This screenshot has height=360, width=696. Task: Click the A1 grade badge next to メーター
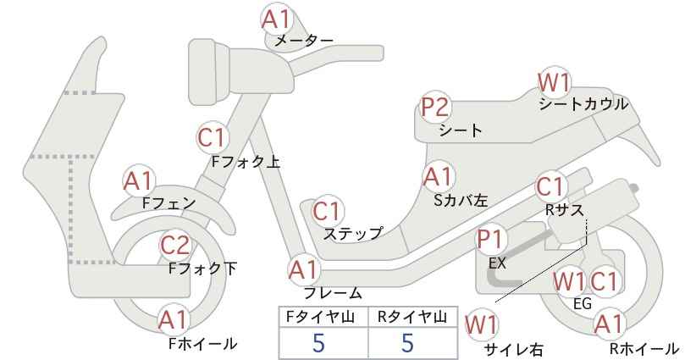[276, 19]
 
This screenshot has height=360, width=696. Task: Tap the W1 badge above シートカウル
[554, 82]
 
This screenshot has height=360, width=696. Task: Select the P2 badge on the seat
[436, 108]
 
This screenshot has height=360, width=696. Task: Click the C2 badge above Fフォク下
[175, 245]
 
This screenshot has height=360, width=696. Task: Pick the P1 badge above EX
[490, 241]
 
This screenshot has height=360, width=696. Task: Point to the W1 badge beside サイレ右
[481, 325]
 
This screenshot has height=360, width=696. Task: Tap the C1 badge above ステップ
[327, 212]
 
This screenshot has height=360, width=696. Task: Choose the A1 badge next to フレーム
[304, 270]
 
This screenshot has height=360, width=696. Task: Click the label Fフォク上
[246, 162]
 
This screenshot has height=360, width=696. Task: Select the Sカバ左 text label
[461, 200]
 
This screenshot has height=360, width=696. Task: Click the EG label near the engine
[583, 303]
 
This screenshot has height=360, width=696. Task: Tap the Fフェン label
[168, 203]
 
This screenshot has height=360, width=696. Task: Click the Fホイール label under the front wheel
[202, 344]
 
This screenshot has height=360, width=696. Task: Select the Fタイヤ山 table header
[320, 317]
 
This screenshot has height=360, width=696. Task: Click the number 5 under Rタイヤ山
[407, 342]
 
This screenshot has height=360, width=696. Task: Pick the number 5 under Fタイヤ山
[318, 342]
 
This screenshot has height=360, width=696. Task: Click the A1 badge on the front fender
[139, 181]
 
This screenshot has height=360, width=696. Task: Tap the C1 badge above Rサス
[550, 187]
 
